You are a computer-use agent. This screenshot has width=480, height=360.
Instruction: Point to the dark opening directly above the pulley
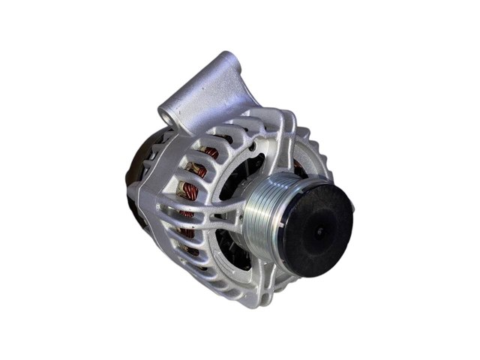[x=262, y=161]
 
